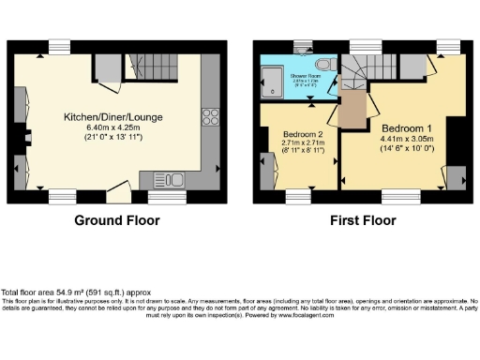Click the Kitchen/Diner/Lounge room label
click(116, 116)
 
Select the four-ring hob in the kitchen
click(211, 118)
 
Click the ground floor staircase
click(159, 67)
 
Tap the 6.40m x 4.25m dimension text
click(116, 127)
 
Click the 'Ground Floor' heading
click(117, 221)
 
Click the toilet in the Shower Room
click(321, 63)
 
